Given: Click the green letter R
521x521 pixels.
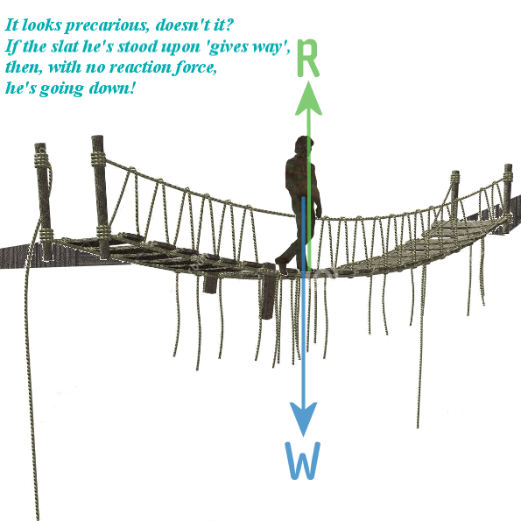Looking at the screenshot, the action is pyautogui.click(x=307, y=59).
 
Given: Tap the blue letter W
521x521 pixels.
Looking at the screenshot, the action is pyautogui.click(x=303, y=461).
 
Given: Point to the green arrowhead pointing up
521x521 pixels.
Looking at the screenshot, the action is pyautogui.click(x=309, y=99).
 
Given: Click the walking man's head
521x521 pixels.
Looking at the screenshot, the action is pyautogui.click(x=303, y=144).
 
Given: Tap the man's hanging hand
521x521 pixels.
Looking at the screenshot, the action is pyautogui.click(x=319, y=213).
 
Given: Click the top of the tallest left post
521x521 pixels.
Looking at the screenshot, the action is pyautogui.click(x=97, y=137).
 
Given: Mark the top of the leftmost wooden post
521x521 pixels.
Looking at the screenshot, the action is pyautogui.click(x=40, y=145).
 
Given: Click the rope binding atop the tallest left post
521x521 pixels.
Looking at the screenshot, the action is pyautogui.click(x=99, y=158).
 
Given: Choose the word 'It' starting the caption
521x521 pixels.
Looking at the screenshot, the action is pyautogui.click(x=11, y=25).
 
